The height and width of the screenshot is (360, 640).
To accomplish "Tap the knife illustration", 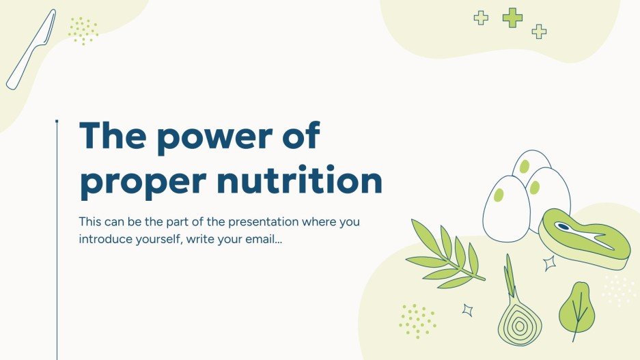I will [x=30, y=51].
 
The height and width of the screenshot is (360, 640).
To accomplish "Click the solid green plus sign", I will [x=512, y=18].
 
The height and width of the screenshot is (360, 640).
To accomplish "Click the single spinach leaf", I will [x=576, y=309].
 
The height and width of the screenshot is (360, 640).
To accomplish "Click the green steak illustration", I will [x=583, y=239].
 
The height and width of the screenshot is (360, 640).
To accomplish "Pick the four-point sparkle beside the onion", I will [x=468, y=309].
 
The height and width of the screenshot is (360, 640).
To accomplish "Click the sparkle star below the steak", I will [x=549, y=263].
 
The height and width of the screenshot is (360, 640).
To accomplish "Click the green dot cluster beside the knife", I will [x=83, y=31].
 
